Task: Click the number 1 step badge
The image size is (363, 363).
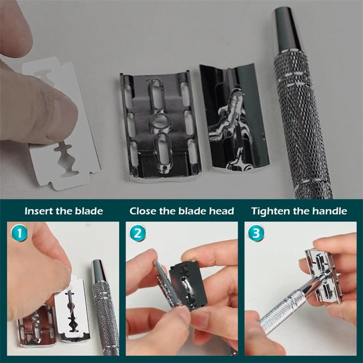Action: point(19,233)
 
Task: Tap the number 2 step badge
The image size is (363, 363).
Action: point(138,233)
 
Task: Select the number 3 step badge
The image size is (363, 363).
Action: point(256,233)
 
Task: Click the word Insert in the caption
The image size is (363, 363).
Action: point(39,211)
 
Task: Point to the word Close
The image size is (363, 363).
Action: point(143,211)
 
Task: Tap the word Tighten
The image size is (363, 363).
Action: point(270,212)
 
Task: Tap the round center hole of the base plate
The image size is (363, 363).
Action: point(160,121)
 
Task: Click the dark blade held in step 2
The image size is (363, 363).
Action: point(187,286)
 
